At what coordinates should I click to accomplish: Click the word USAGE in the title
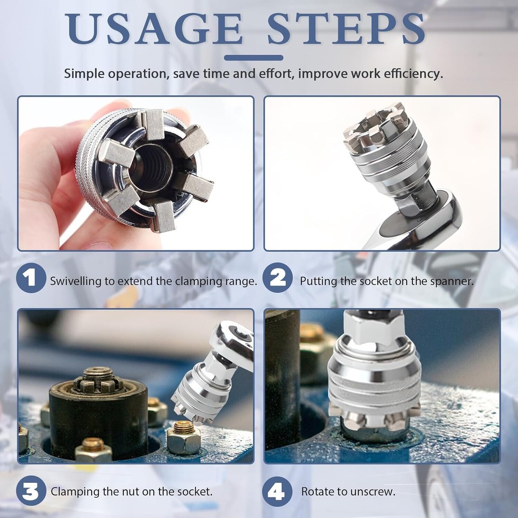(x=155, y=28)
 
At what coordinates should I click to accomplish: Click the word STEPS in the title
(x=346, y=28)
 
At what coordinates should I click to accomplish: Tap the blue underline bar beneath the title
(x=253, y=58)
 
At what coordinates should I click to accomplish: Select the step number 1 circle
(x=31, y=278)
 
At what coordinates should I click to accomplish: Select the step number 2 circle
(x=278, y=278)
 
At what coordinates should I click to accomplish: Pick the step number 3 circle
(x=31, y=491)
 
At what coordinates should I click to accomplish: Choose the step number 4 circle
(x=278, y=491)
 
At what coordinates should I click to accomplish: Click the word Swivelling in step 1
(x=76, y=281)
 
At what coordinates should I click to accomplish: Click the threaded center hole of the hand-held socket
(x=151, y=167)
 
